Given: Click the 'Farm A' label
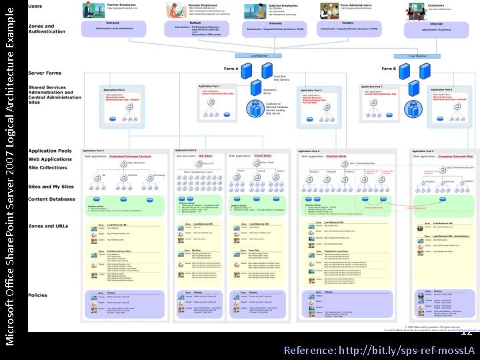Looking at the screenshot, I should [231, 68].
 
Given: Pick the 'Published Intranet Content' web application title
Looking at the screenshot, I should [130, 156].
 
